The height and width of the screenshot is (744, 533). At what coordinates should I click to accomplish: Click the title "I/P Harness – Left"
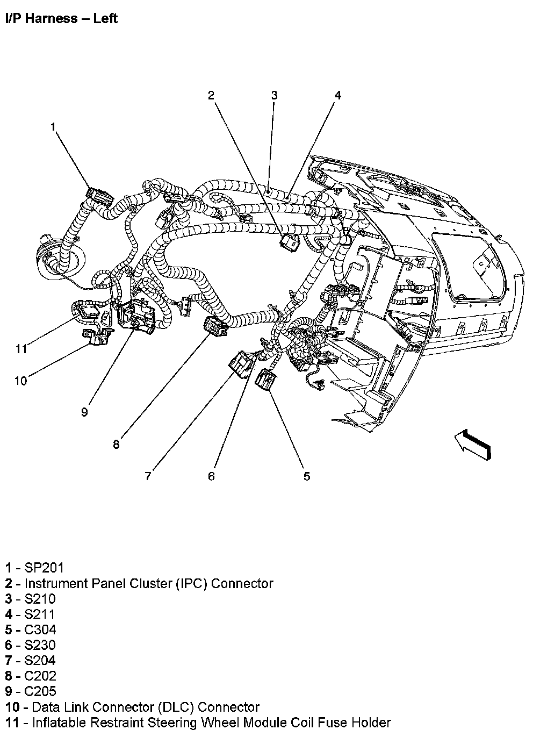[x=61, y=19]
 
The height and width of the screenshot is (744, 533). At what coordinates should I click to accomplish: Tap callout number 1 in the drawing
[x=53, y=127]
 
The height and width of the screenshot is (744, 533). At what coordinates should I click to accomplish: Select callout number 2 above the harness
[x=212, y=96]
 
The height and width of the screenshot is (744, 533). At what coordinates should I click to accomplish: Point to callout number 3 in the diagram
[x=274, y=96]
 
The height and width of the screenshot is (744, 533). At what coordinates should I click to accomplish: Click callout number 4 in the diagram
[x=338, y=96]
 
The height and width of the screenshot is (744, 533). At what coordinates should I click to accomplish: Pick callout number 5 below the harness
[x=307, y=476]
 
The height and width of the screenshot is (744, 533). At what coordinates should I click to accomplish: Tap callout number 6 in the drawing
[x=211, y=476]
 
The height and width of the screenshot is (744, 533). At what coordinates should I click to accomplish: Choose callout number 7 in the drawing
[x=148, y=476]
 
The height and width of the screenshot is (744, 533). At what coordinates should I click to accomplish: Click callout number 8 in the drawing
[x=117, y=445]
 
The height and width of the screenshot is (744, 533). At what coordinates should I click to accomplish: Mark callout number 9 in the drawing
[x=84, y=412]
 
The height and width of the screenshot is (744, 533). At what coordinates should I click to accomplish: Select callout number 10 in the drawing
[x=20, y=381]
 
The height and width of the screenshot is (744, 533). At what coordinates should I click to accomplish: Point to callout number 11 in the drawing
[x=20, y=349]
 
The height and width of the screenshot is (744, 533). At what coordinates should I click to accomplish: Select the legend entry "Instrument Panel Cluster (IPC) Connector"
[x=149, y=583]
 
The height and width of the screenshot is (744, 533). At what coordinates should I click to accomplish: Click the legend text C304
[x=40, y=630]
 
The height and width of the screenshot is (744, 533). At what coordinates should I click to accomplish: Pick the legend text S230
[x=40, y=645]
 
